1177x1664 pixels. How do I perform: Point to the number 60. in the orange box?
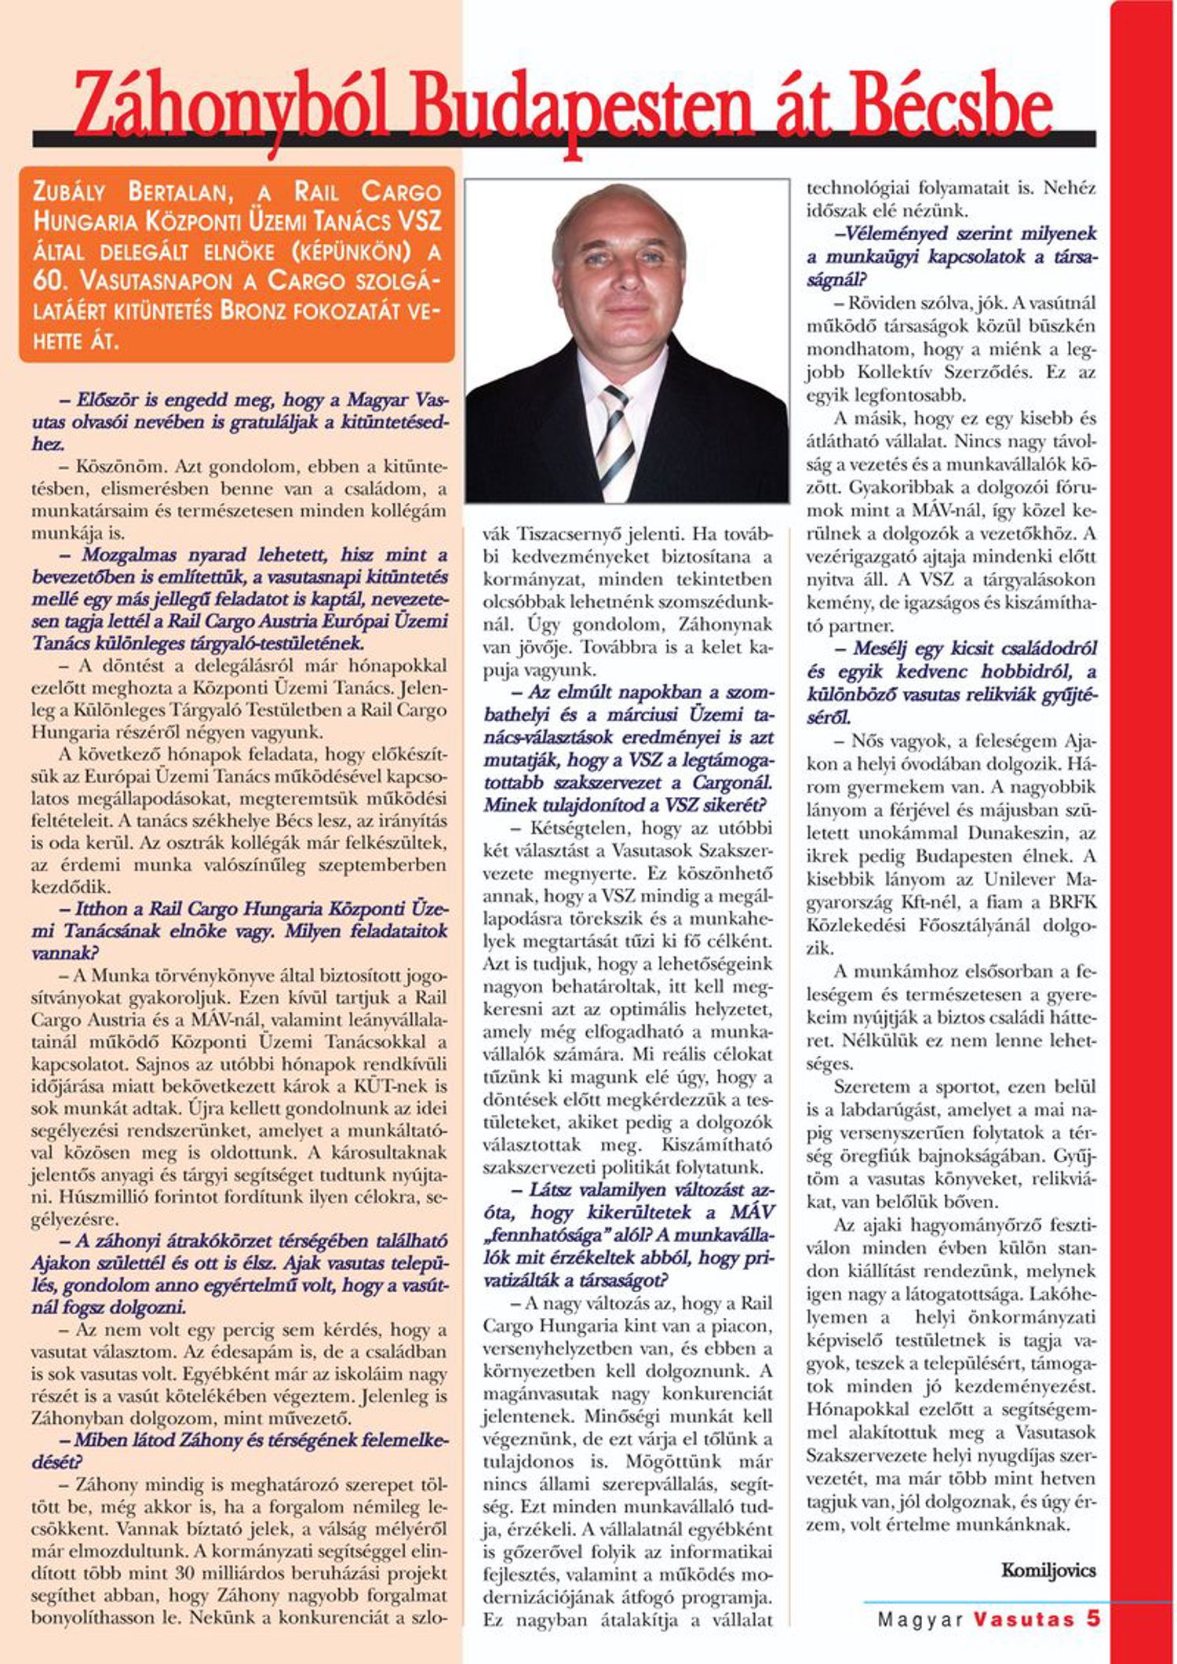pyautogui.click(x=50, y=281)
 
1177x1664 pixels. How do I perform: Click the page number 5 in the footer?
pyautogui.click(x=1093, y=1619)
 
